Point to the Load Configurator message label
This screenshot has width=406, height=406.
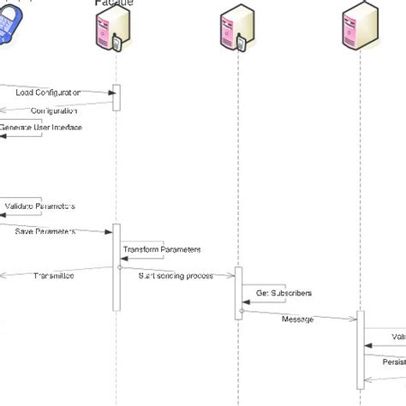tap(48, 92)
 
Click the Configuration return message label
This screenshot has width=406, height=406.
tap(54, 110)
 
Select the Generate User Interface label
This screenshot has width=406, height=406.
tap(41, 127)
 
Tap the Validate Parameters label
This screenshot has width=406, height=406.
tap(40, 206)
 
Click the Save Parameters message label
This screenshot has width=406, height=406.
tap(45, 231)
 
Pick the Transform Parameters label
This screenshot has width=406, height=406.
tap(162, 249)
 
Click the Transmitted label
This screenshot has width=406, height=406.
tap(53, 275)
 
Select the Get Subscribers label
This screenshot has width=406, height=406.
tap(284, 293)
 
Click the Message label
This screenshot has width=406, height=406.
tap(297, 319)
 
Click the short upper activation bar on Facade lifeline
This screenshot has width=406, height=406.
tap(116, 97)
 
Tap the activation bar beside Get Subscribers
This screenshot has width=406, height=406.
tap(239, 292)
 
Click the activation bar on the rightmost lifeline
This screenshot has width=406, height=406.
tap(361, 355)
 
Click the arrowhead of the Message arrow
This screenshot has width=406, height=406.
tap(353, 319)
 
